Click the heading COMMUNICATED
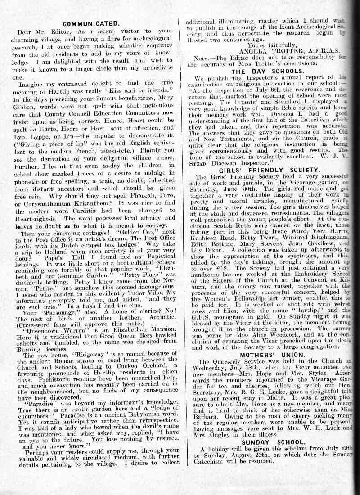pos(91,23)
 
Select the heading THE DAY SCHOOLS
pos(261,71)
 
